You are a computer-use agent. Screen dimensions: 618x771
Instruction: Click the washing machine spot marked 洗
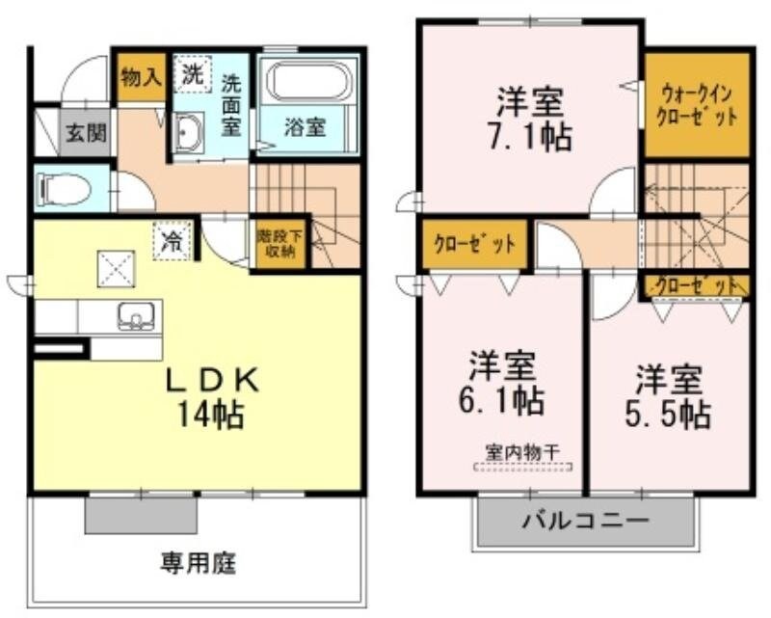tap(194, 74)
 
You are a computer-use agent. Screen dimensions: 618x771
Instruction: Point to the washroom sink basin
tap(189, 133)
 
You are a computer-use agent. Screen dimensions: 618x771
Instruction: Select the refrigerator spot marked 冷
tap(171, 240)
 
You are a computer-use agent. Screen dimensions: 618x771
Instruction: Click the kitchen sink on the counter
tap(135, 315)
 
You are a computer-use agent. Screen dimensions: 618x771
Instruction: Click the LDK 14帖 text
tap(209, 398)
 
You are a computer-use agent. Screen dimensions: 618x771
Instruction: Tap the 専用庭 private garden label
tap(199, 561)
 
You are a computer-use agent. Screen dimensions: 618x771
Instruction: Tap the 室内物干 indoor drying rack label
tap(524, 451)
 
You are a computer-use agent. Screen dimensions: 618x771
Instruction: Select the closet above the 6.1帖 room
tap(473, 244)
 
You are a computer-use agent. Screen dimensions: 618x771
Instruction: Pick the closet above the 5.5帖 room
tap(696, 285)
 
